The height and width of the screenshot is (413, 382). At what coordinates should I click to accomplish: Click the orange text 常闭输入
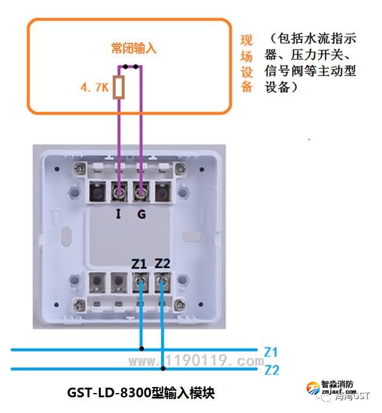coord(134,48)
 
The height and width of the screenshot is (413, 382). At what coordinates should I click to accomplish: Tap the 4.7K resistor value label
coord(94,88)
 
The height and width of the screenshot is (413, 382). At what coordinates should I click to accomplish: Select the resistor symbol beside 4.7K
coord(120,88)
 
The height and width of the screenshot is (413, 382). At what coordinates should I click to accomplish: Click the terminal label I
coord(119,214)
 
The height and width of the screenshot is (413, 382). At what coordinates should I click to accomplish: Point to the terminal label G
coord(141,214)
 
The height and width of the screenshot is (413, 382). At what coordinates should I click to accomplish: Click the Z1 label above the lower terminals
coord(139,264)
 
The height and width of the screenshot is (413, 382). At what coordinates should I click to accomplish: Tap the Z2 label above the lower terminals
coord(162,264)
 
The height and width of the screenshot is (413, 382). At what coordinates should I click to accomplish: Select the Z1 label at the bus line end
coord(271,351)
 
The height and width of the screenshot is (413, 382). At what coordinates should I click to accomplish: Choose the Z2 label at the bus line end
coord(272,370)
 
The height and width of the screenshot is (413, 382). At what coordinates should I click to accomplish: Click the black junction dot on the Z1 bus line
coord(141,348)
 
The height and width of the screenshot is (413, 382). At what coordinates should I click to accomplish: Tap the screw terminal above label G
coord(141,193)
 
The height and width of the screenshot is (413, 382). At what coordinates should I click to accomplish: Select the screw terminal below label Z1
coord(140,281)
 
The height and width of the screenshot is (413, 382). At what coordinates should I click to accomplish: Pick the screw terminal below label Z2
coord(162,281)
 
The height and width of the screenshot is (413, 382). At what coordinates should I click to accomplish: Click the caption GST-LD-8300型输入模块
coord(141,392)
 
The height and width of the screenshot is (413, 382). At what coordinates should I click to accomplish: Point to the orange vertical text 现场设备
coord(246,63)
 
